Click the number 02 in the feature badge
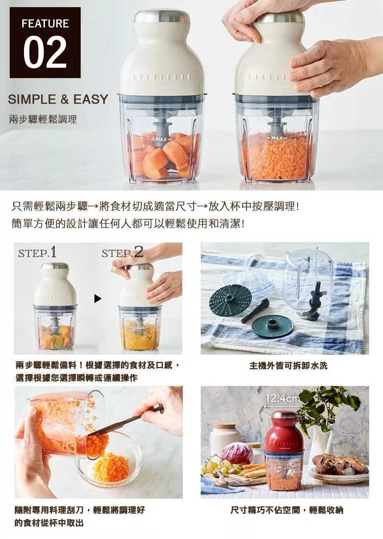(45, 53)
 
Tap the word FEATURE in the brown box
(45, 23)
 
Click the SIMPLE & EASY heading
(58, 99)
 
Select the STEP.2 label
(122, 253)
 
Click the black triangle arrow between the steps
(98, 299)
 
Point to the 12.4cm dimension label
(282, 398)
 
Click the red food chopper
(284, 449)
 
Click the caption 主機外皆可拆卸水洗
(284, 366)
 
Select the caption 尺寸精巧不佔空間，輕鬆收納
(284, 510)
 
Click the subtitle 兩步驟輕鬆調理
(43, 120)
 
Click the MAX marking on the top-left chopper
(161, 139)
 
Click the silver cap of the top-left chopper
(161, 16)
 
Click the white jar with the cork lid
(225, 439)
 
